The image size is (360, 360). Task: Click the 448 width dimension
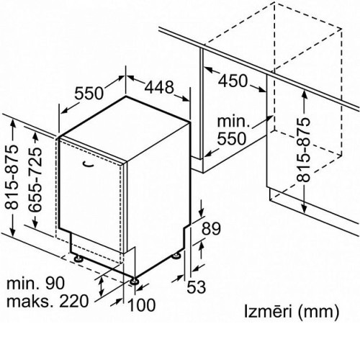coord(159,87)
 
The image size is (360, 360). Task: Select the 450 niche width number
coord(233,81)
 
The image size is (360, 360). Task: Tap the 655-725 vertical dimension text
coord(35,179)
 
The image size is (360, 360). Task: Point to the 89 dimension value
coord(211,228)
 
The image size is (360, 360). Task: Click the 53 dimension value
coord(197,287)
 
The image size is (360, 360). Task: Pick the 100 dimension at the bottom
coord(142,305)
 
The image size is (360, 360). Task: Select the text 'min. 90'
coord(35,283)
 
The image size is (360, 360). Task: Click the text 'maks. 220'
coord(48,302)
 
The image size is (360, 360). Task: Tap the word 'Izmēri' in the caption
coord(268,311)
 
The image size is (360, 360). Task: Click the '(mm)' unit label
coord(318,312)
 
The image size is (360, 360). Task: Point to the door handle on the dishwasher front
coord(88,164)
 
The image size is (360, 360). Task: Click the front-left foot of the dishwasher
coord(78,258)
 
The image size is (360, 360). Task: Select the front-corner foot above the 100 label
coord(134,282)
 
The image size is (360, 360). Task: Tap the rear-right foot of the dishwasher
coord(176,256)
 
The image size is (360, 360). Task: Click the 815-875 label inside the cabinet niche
coord(303,149)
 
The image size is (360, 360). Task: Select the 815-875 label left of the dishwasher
coord(12,176)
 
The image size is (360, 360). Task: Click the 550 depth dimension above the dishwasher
coord(89,94)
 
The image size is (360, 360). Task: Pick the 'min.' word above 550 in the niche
coord(233,122)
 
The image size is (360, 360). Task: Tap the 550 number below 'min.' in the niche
coord(232,138)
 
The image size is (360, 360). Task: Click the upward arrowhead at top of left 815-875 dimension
coord(13,123)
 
